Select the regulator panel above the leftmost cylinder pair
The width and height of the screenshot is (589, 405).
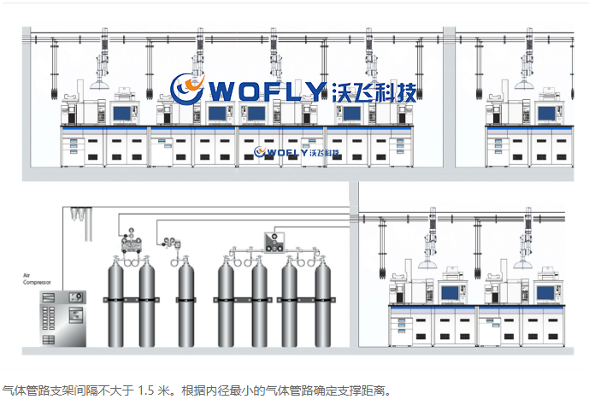133,238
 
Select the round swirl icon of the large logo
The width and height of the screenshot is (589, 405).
187,89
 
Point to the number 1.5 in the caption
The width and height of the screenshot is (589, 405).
150,390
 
